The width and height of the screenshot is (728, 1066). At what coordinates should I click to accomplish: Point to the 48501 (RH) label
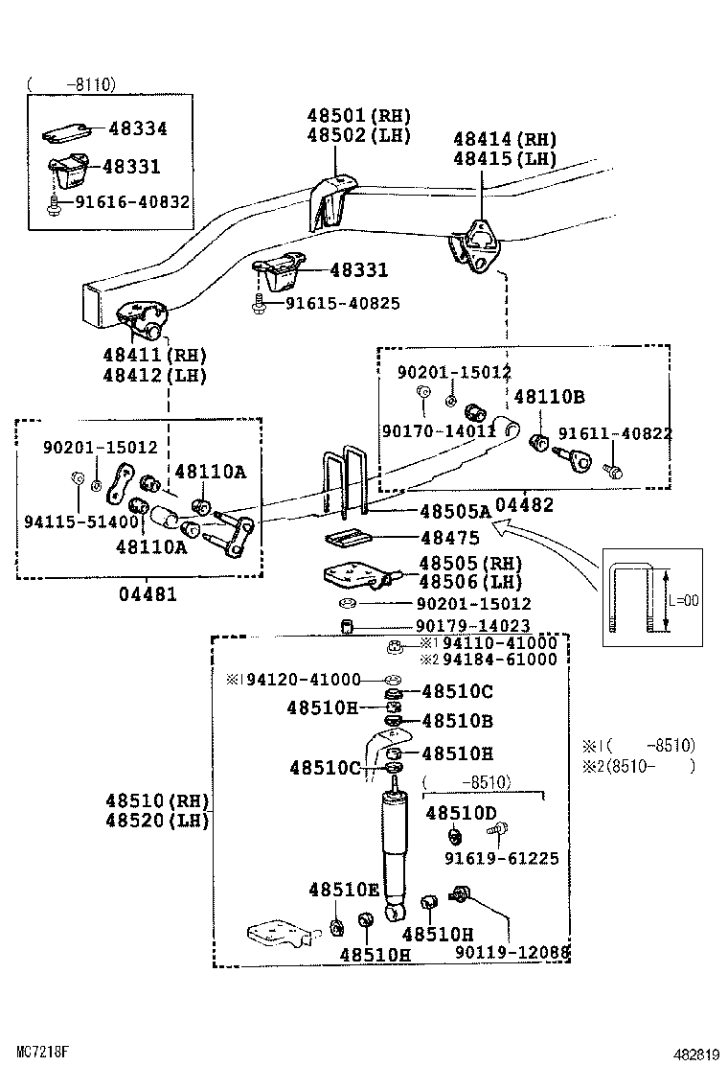coord(358,115)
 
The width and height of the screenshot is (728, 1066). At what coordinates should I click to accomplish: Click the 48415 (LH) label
coord(505,159)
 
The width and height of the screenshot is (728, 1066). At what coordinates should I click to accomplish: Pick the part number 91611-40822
coord(615,433)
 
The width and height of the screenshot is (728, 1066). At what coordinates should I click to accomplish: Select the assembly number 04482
coord(525,505)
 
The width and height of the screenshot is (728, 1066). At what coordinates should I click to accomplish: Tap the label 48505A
coord(455,512)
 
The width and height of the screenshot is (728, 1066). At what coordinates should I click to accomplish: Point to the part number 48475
coord(450,540)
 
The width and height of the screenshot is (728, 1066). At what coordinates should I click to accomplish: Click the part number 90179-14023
coord(473,627)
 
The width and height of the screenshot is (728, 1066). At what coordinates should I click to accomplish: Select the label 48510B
coord(457,721)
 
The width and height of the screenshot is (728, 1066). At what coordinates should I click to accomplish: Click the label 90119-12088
coord(512,952)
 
